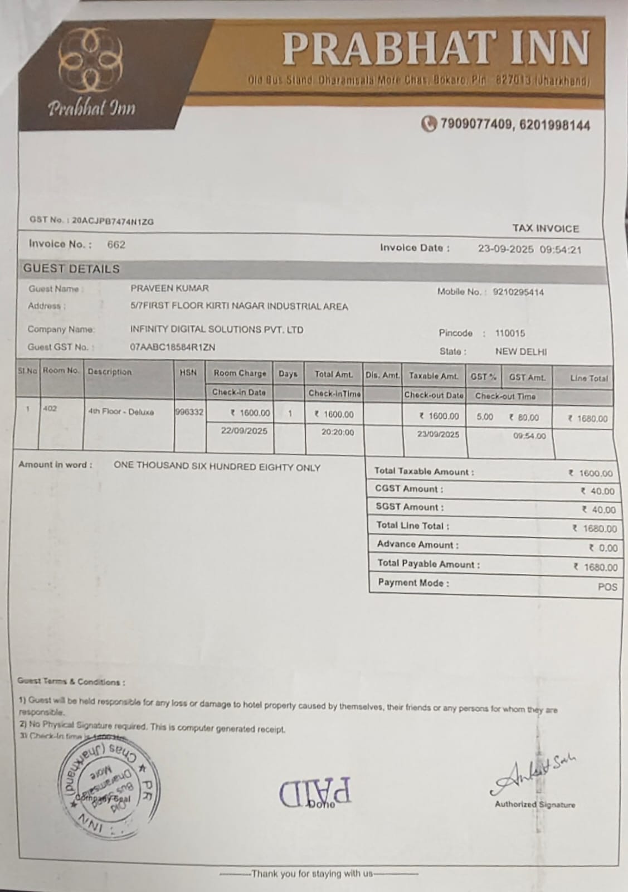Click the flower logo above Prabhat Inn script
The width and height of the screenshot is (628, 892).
91,62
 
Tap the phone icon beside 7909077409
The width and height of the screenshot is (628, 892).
428,124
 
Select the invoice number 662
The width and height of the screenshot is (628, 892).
116,244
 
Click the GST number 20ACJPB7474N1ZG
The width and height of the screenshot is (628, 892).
113,221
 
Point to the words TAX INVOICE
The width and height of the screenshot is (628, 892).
546,228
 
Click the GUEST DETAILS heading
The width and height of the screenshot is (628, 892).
71,269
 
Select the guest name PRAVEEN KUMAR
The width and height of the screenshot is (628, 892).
169,288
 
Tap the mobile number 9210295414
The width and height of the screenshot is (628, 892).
518,292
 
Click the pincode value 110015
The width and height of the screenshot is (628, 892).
510,333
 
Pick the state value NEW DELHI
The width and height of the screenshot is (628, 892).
521,352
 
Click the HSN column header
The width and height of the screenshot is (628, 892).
188,372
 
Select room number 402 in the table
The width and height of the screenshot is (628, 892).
50,409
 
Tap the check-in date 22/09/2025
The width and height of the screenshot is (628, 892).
244,431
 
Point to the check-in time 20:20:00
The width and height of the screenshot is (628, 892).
338,432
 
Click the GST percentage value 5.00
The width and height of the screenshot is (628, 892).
485,417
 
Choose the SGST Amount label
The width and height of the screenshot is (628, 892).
410,507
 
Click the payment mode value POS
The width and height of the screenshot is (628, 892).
607,586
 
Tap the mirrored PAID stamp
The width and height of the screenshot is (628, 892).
315,792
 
